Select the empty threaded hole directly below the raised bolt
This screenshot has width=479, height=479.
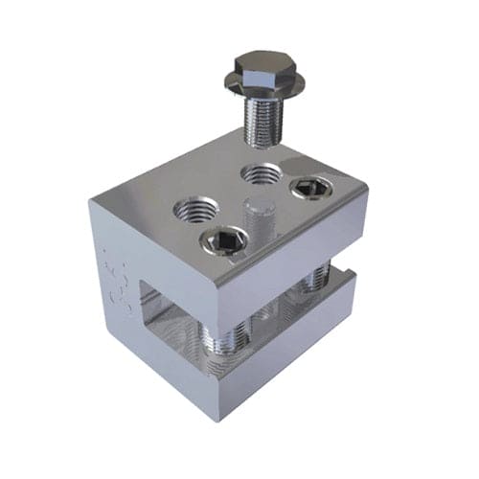[x=261, y=175]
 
